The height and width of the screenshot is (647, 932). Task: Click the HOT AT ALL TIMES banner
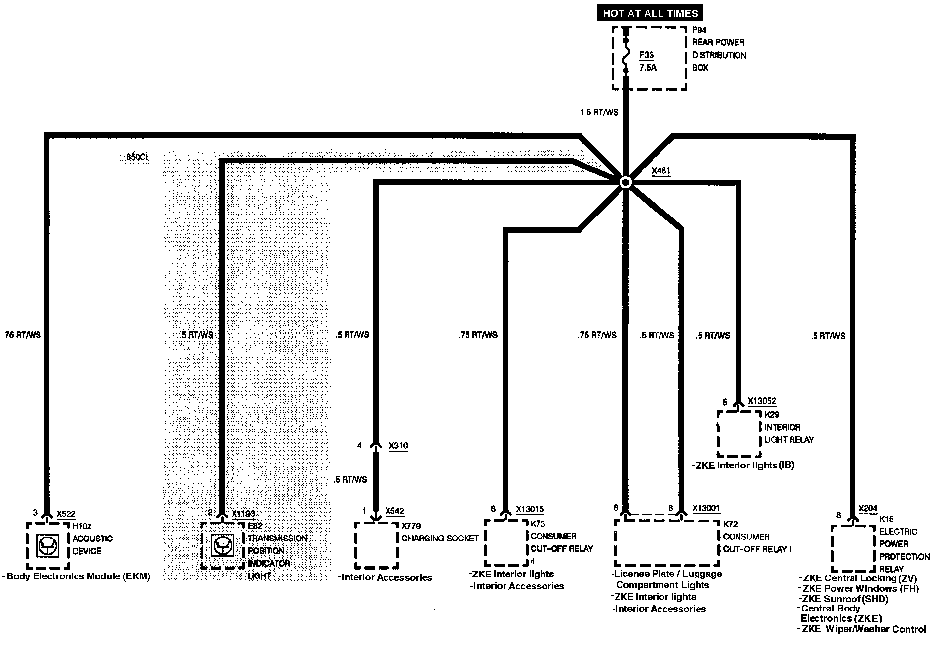[x=650, y=13]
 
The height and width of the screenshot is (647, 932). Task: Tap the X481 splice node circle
[x=625, y=182]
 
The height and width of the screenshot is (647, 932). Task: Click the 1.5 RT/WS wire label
[x=599, y=112]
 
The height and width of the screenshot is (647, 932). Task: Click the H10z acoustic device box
[x=48, y=545]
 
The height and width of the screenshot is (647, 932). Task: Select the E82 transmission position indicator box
[x=223, y=545]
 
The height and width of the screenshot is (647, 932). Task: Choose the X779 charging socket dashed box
[x=376, y=545]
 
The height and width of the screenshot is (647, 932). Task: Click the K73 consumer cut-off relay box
[x=506, y=542]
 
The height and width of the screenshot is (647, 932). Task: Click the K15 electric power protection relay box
[x=853, y=548]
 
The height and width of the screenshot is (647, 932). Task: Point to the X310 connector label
[x=398, y=446]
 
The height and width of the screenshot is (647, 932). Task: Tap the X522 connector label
[x=66, y=514]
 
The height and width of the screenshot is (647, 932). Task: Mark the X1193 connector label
[x=243, y=514]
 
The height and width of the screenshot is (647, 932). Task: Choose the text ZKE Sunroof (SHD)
[x=845, y=599]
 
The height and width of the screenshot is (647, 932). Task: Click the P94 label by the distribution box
[x=699, y=30]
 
